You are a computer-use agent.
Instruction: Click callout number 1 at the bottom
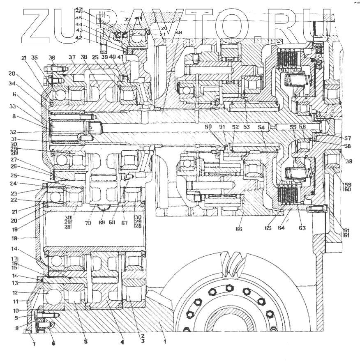164,340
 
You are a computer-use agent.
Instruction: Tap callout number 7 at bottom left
34,344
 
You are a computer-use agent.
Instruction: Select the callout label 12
15,293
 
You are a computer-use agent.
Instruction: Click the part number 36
52,57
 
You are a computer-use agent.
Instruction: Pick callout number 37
72,57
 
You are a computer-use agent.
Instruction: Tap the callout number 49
178,32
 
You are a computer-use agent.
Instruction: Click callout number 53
246,127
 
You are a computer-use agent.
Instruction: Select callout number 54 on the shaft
261,128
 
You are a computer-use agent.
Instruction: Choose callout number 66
239,229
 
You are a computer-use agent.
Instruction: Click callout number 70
88,224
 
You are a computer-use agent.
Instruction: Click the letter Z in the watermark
41,25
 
